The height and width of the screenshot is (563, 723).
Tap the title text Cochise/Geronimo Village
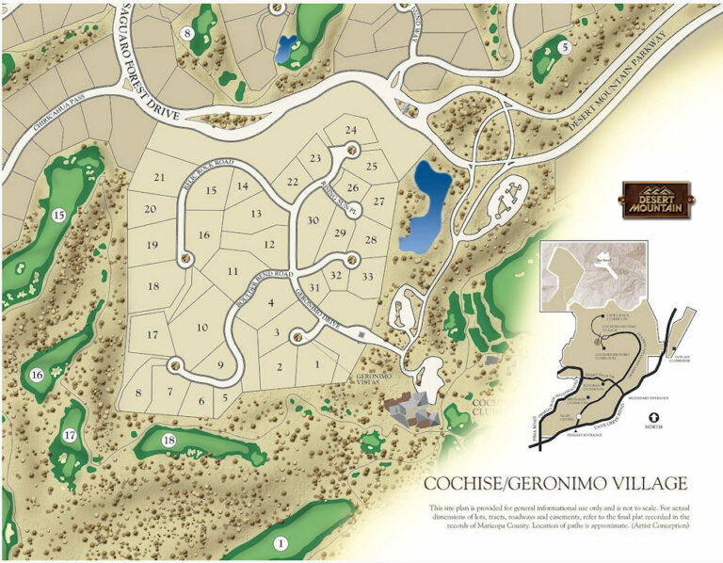tap(555, 484)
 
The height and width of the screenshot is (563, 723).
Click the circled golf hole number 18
tap(169, 441)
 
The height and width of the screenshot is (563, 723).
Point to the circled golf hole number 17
tap(70, 435)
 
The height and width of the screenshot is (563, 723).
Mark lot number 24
tap(351, 130)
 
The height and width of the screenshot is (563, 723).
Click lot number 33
tap(367, 276)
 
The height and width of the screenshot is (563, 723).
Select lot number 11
tap(232, 271)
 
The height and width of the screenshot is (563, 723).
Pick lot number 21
tap(160, 177)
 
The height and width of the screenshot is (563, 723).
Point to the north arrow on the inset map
tap(642, 417)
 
